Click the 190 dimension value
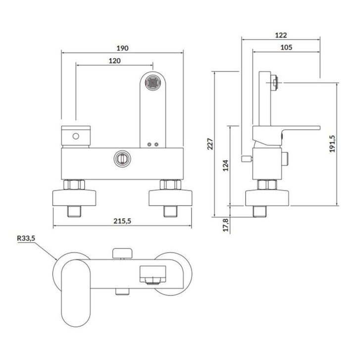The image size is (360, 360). (x=122, y=48)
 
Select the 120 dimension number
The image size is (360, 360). (x=114, y=61)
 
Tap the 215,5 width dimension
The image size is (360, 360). (x=122, y=221)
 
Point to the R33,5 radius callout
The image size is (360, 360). (x=26, y=238)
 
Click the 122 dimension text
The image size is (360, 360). (x=281, y=35)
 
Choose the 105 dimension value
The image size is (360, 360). (x=286, y=48)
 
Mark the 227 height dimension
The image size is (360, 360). (x=210, y=144)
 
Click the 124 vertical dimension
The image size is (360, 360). (x=226, y=165)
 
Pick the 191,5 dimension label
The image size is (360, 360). (x=332, y=144)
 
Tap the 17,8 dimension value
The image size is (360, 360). (x=226, y=225)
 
